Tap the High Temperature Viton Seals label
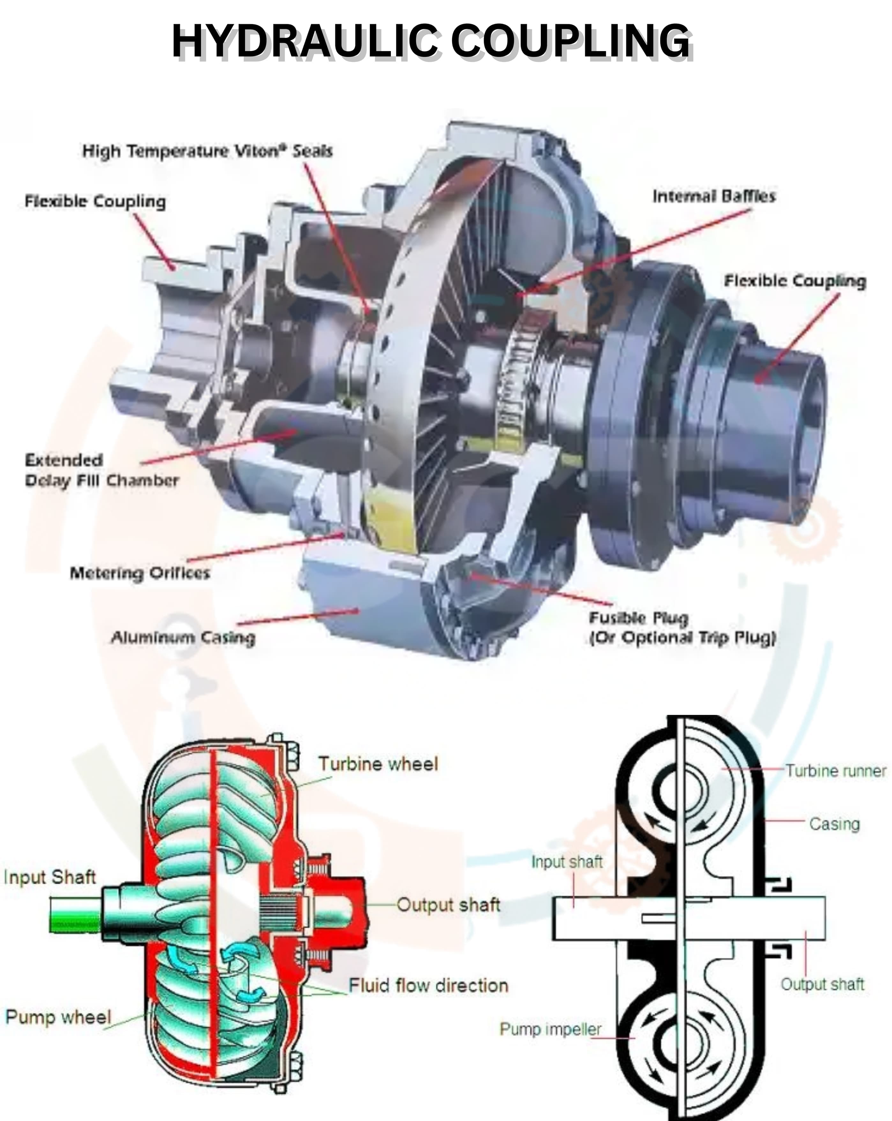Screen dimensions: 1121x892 coord(207,151)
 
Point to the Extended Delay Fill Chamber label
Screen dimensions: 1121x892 coord(101,470)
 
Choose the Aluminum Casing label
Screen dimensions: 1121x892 coord(183,637)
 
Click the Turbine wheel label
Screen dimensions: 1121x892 coord(378,764)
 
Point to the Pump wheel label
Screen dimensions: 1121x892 coord(58,1017)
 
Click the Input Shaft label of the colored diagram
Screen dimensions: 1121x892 coord(49,877)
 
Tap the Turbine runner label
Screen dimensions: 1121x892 coord(835,770)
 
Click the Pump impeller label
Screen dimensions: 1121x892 coord(550,1029)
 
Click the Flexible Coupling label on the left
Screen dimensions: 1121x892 coord(95,201)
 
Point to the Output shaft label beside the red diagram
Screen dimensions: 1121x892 coord(448,905)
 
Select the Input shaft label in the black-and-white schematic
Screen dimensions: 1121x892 coord(566,862)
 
